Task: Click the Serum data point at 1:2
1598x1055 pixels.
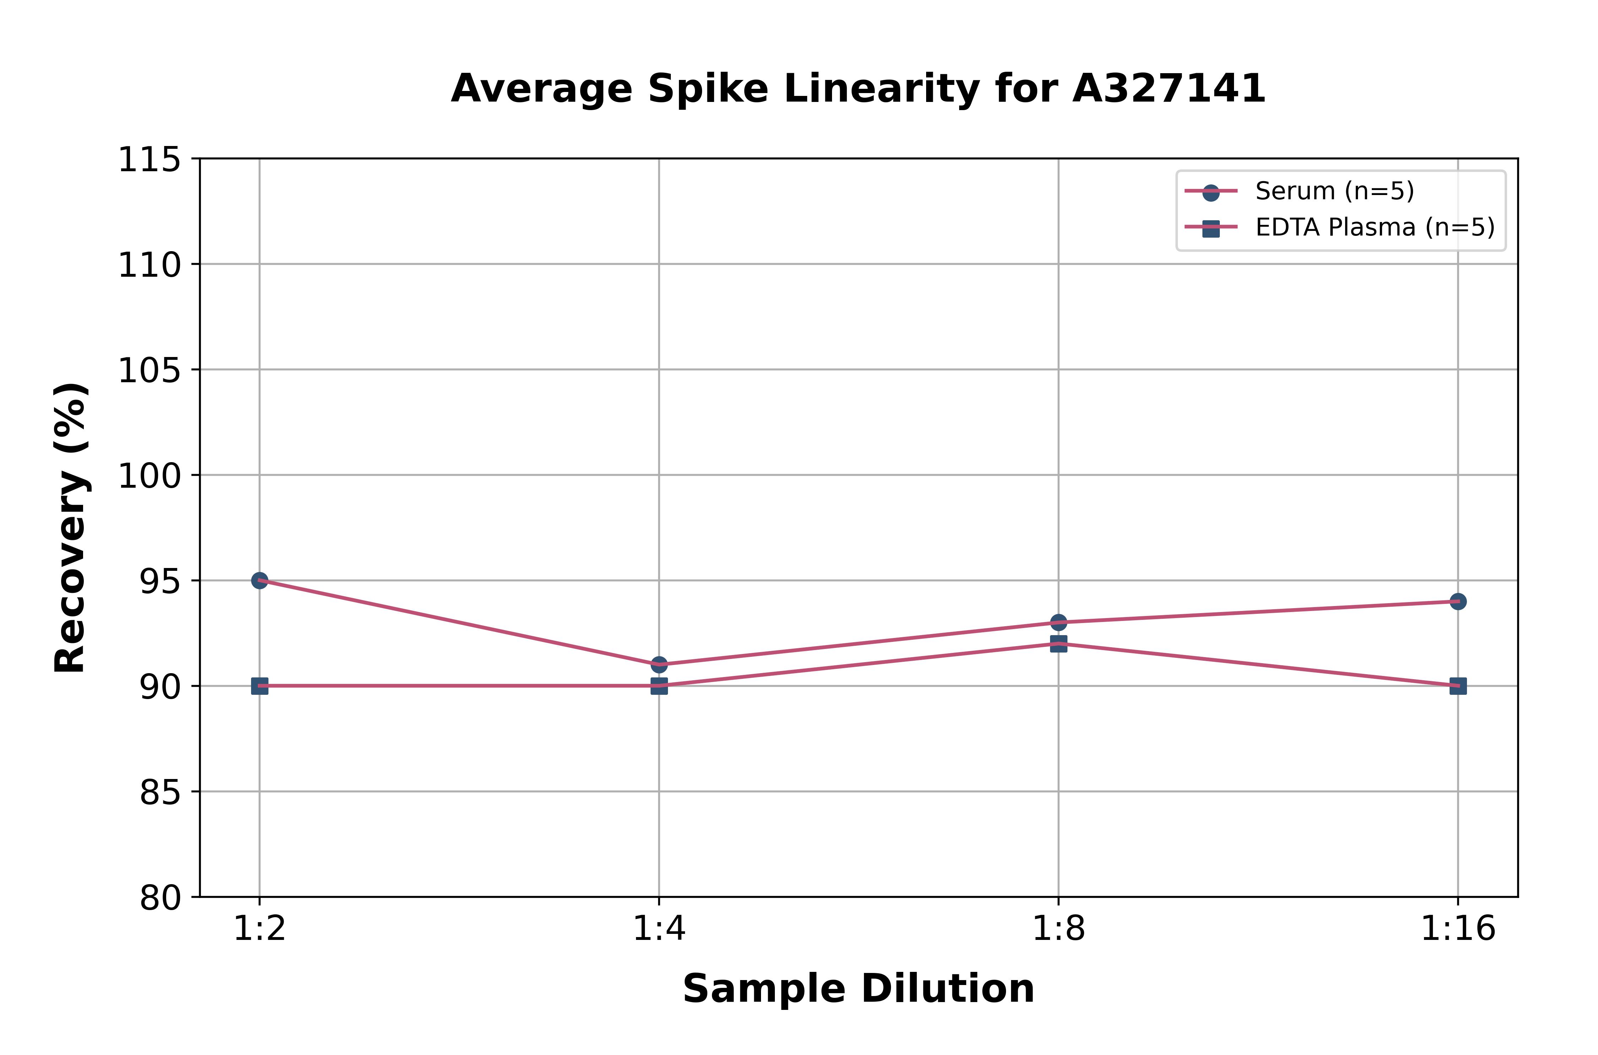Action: (260, 580)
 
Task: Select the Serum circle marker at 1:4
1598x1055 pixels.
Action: (659, 665)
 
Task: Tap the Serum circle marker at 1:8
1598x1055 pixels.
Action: (1059, 622)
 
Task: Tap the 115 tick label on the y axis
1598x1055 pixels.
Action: (149, 160)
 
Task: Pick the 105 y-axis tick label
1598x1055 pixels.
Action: (149, 371)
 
